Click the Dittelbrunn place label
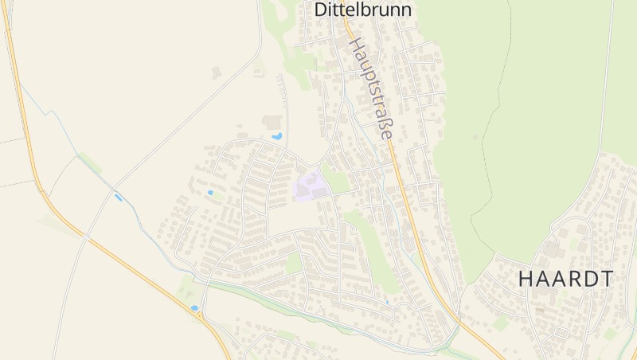tap(363, 10)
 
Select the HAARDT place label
tap(566, 280)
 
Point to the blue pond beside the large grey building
tap(277, 136)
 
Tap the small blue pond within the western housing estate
tap(210, 193)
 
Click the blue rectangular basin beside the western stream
tap(119, 197)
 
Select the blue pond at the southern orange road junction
tap(194, 307)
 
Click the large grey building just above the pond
tap(272, 122)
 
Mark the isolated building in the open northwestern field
tap(216, 72)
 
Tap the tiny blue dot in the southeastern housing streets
tap(387, 302)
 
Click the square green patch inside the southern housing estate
tap(294, 262)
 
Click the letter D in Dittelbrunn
tap(321, 10)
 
